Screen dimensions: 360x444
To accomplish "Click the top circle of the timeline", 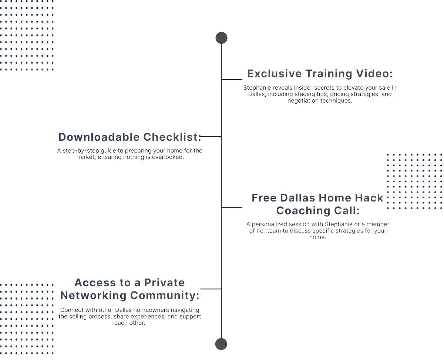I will click(221, 38).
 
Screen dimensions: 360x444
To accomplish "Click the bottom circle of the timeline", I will click(221, 344).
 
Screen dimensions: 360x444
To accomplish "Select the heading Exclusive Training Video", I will click(320, 74).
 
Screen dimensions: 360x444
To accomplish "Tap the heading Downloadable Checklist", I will click(130, 137).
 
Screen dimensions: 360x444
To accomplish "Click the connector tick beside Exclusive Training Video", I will click(232, 79).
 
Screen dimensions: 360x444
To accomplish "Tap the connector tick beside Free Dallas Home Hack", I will click(232, 209).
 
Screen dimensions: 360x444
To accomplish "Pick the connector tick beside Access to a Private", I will click(210, 289).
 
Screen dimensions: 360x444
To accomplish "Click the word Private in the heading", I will click(164, 283).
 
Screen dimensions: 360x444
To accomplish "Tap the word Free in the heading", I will click(264, 198).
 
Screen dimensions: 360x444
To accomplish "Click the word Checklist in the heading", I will click(172, 137).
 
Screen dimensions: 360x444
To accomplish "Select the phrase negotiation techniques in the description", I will click(320, 101).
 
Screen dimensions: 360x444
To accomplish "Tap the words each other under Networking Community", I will click(129, 323).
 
